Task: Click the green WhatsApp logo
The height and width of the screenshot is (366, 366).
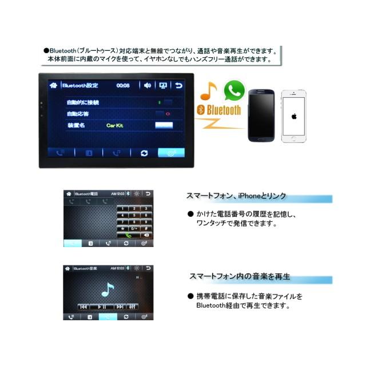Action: pos(234,90)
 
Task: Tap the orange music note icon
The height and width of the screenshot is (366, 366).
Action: pos(209,91)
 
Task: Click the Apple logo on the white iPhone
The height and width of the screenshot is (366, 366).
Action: pos(294,116)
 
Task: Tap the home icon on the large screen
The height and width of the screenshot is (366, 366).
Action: pos(54,86)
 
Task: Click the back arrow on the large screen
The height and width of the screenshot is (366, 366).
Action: pos(179,86)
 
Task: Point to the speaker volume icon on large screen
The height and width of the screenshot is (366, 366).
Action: pos(147,86)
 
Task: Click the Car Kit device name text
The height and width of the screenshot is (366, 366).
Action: pos(116,125)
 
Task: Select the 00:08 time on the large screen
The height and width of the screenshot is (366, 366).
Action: pos(123,86)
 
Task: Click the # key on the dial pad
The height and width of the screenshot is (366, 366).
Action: pos(146,228)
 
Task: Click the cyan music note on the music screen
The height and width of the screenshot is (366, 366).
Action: pos(108,290)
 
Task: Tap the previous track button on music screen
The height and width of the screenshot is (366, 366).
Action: pos(83,307)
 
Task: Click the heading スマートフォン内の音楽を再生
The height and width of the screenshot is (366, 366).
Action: pos(240,276)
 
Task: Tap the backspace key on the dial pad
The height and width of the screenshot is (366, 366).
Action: pos(146,234)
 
